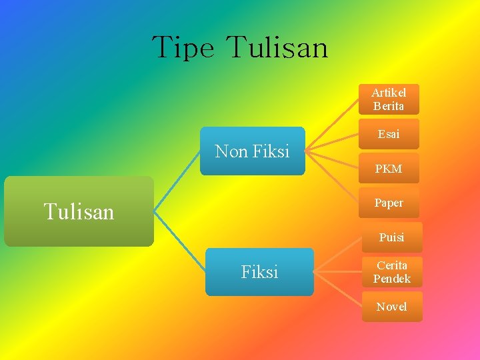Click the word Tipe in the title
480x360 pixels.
coord(183,48)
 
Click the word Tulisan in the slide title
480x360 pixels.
coord(277,48)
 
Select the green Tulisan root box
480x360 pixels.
coord(79,211)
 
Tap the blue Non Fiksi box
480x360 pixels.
coord(252,151)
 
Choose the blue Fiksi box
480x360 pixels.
coord(259,272)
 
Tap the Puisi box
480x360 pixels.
coord(391,237)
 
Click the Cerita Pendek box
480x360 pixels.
coord(392,271)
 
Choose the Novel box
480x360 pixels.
coord(392,307)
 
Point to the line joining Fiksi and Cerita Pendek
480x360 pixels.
coord(337,272)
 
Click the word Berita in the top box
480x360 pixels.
coord(389,106)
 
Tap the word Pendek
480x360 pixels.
coord(392,279)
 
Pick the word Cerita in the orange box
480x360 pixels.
coord(392,265)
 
